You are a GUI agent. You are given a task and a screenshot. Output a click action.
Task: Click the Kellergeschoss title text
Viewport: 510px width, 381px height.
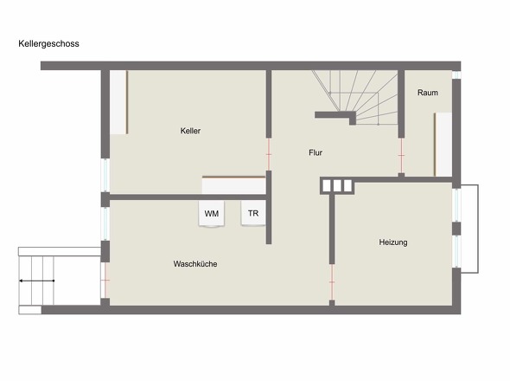48,43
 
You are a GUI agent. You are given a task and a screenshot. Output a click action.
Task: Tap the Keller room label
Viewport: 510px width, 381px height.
190,131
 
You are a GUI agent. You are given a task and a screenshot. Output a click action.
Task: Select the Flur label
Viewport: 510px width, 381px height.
316,152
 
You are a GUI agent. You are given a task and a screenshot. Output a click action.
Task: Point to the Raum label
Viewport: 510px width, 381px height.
427,93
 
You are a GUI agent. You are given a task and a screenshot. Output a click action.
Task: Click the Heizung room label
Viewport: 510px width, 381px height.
393,242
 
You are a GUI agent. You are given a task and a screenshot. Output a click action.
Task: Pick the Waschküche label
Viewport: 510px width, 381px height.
195,263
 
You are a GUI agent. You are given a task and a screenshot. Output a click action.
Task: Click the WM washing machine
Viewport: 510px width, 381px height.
212,214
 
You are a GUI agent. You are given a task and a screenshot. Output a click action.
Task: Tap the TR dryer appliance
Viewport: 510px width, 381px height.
253,213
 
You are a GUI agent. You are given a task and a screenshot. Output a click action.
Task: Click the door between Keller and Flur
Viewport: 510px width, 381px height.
269,154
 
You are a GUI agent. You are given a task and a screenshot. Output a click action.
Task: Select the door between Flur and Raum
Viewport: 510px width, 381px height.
401,156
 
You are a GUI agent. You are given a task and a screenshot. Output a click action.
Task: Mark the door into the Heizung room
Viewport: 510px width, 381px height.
332,282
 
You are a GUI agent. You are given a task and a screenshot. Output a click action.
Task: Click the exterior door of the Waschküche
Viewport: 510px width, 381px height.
105,281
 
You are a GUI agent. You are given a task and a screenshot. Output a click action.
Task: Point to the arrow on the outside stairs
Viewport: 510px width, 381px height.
36,281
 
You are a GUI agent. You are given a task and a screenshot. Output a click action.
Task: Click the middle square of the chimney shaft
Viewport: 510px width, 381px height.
337,186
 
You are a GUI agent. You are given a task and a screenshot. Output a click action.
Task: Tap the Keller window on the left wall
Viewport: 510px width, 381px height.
105,175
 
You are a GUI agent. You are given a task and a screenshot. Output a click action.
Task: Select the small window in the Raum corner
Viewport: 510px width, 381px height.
456,74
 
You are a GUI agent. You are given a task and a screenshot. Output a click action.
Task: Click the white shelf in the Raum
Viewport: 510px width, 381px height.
443,145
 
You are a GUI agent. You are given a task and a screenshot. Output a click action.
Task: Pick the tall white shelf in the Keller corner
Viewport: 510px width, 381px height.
118,102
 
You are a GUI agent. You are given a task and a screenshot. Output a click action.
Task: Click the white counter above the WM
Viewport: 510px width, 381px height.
234,185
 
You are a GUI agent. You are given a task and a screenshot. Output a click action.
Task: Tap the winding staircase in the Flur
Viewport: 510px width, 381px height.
355,98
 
